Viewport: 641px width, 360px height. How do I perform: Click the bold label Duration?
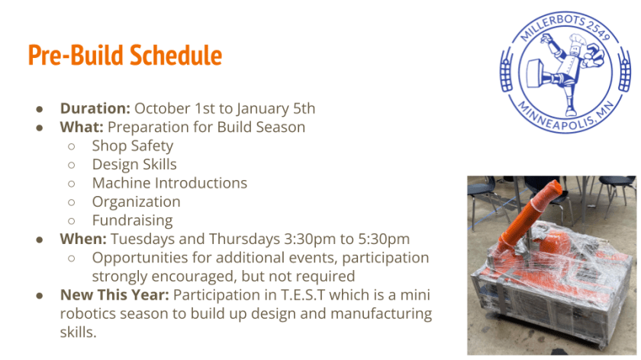(95, 109)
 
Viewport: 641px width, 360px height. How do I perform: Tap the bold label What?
(82, 127)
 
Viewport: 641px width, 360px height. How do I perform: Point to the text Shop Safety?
(133, 146)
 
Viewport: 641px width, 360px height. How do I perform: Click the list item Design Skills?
(134, 164)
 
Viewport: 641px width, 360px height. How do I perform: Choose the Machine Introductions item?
(169, 183)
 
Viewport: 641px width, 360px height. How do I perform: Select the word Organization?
(136, 202)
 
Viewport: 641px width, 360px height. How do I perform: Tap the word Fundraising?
(133, 220)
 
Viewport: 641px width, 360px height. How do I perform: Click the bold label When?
(83, 239)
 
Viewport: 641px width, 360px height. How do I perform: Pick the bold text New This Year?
(114, 294)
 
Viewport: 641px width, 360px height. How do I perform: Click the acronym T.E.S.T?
(302, 294)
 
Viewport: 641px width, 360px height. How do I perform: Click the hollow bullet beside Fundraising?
(72, 221)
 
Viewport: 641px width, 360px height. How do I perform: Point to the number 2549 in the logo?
(598, 31)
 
